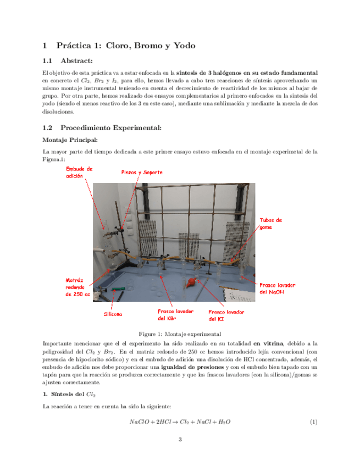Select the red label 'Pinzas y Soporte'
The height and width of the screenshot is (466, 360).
click(x=142, y=172)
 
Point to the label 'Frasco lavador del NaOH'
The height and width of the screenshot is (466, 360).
click(x=278, y=289)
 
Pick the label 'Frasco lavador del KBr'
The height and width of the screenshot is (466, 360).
click(x=175, y=315)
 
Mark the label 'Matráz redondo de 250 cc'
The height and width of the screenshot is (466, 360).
click(x=75, y=286)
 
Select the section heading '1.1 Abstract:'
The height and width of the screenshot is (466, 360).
click(x=68, y=60)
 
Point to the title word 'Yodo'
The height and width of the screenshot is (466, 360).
click(x=181, y=45)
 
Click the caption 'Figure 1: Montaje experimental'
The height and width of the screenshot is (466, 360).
click(x=180, y=333)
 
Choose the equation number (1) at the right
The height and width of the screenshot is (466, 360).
click(x=314, y=421)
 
